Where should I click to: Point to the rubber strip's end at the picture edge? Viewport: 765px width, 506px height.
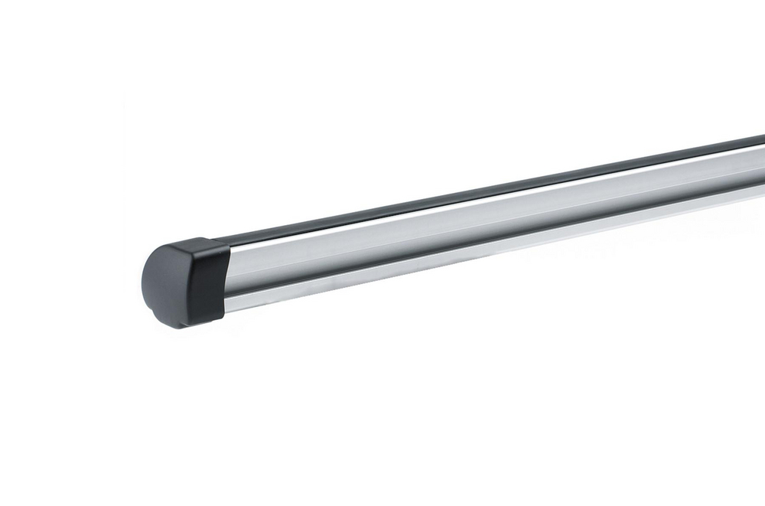coord(762,141)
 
